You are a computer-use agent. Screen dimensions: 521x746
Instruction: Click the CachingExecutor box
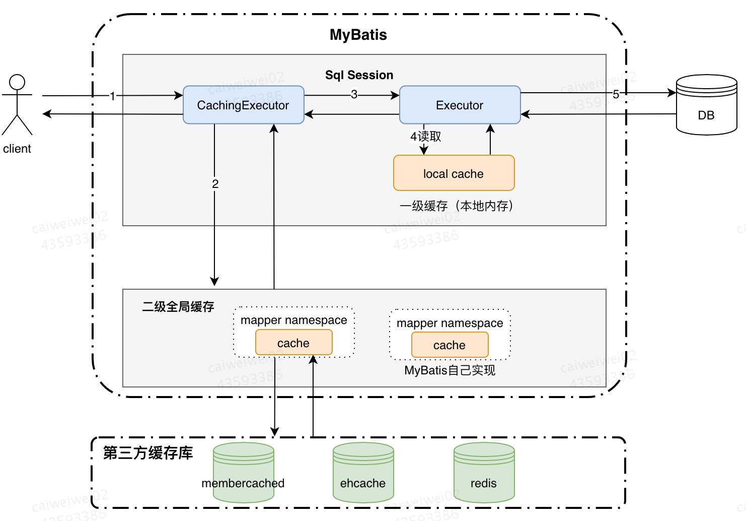243,105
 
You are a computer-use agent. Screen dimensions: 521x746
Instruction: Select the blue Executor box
459,105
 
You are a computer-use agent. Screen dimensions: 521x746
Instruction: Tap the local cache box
454,173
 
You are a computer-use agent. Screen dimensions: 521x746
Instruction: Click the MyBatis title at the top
358,35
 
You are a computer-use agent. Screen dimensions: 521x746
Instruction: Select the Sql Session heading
359,75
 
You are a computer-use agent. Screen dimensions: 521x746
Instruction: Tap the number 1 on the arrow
113,96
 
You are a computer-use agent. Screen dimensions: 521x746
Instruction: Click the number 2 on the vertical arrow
215,184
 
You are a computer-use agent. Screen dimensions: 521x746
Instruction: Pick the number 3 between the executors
354,94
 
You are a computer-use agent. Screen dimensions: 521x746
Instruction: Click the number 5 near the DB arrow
616,94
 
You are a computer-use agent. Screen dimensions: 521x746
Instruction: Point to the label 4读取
425,137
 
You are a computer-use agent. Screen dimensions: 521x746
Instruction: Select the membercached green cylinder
243,473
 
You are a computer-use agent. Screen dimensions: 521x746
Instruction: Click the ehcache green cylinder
363,473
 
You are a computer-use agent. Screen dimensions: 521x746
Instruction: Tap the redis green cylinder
484,473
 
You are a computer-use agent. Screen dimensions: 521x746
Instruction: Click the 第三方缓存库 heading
148,453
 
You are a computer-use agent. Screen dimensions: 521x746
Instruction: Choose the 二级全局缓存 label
178,306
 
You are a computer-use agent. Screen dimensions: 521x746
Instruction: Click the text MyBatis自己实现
450,370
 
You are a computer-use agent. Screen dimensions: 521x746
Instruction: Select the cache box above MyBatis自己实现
450,345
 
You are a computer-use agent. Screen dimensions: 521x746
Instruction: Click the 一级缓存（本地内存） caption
457,206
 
